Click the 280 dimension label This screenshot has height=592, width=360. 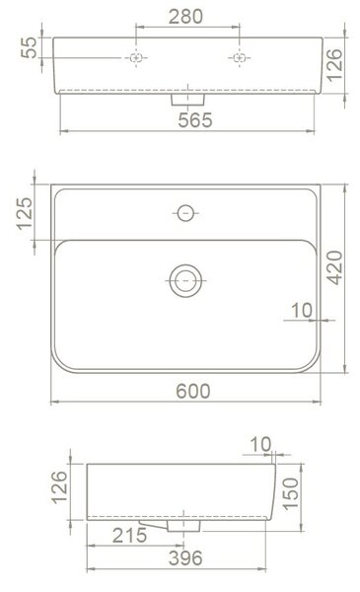point(185,17)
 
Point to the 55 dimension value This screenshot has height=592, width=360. point(29,47)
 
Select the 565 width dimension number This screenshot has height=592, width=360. point(195,120)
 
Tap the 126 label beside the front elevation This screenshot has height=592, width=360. point(334,65)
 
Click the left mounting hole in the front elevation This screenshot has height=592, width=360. point(136,58)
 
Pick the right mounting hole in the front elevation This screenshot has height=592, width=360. point(240,58)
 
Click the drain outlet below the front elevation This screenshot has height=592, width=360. point(188,100)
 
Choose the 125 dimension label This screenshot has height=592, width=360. point(25,213)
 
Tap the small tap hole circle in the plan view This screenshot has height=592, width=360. point(185,213)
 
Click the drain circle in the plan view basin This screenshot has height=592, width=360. point(185,281)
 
